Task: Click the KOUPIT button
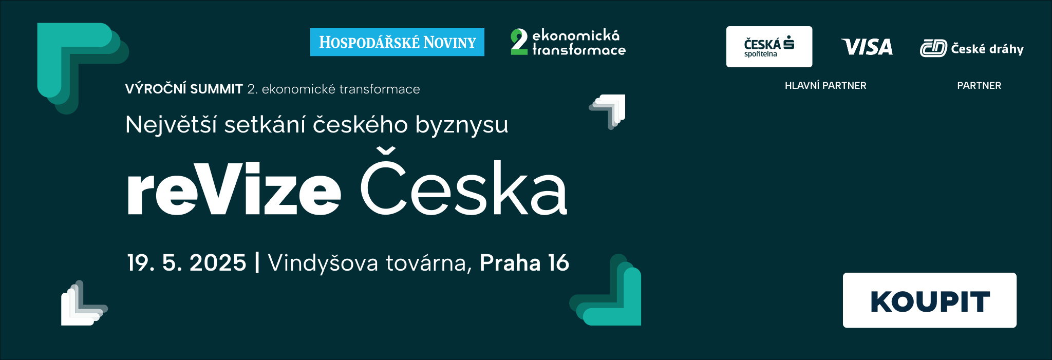point(929,300)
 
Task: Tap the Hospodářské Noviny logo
point(397,42)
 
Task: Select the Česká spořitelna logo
point(769,47)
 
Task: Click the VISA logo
point(867,47)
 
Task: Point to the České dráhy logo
point(971,48)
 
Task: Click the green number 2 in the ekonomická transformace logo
point(519,42)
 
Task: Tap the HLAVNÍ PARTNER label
point(825,86)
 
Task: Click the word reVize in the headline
point(234,189)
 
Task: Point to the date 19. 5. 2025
point(186,263)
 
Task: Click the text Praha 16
point(524,263)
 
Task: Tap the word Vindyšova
point(323,263)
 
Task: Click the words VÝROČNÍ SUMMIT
point(184,89)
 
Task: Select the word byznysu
point(462,126)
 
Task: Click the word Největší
point(171,125)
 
